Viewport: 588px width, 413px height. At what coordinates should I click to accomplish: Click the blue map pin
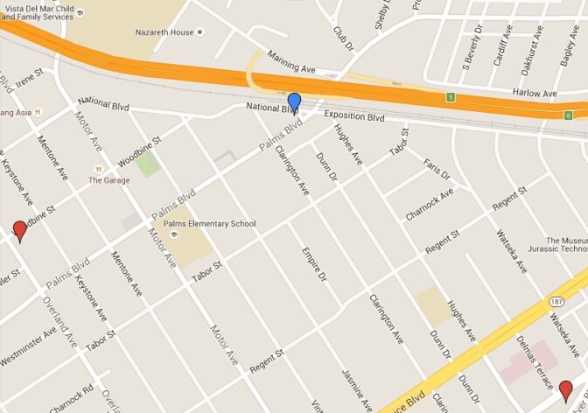click(x=294, y=103)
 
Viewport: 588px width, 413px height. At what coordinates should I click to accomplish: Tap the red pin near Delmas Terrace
click(x=566, y=391)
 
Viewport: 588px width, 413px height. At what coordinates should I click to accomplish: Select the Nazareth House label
click(x=164, y=32)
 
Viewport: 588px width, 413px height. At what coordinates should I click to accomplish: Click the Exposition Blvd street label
click(x=354, y=116)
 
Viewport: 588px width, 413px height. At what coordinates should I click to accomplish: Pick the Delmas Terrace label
click(x=535, y=362)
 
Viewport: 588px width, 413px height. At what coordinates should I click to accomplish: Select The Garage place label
click(x=108, y=181)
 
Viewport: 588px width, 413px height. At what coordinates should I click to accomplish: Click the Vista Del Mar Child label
click(x=43, y=7)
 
